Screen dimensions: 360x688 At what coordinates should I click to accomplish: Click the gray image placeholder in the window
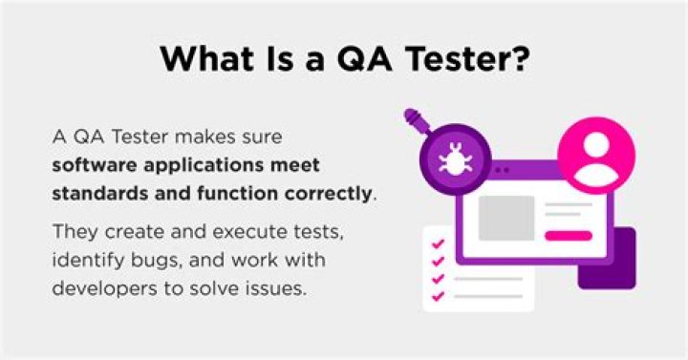505,218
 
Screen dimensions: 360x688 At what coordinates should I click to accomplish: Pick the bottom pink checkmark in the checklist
438,295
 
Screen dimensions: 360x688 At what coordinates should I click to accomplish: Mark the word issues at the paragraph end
278,287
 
